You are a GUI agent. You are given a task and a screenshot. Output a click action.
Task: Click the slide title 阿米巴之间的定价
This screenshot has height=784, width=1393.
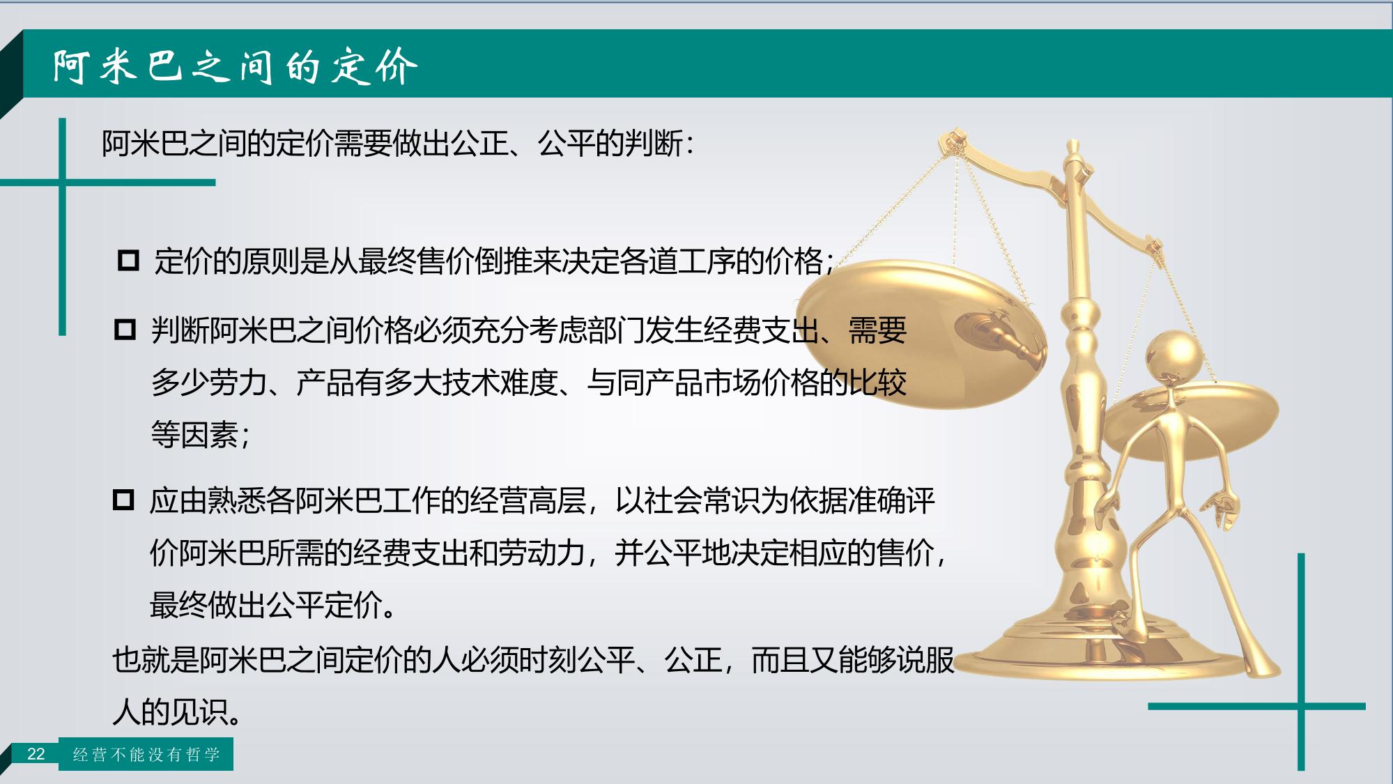tap(236, 67)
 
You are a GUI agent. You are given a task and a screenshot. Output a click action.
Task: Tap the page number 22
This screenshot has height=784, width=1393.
tap(36, 754)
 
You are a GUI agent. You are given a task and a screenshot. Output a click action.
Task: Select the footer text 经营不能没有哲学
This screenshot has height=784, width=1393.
tap(146, 755)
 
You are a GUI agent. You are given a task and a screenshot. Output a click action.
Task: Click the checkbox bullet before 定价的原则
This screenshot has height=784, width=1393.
tap(128, 261)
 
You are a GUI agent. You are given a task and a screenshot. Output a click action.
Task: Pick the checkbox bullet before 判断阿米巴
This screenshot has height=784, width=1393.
tap(125, 329)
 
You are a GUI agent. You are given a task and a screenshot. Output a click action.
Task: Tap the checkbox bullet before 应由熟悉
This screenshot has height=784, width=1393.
tap(123, 500)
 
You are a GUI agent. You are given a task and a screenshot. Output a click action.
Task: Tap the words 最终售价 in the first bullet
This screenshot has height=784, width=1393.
tap(416, 261)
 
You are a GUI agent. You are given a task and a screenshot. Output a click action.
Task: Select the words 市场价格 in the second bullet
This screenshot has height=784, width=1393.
tap(762, 383)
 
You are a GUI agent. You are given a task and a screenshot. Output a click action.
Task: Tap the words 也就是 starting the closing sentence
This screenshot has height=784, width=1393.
tap(155, 659)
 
